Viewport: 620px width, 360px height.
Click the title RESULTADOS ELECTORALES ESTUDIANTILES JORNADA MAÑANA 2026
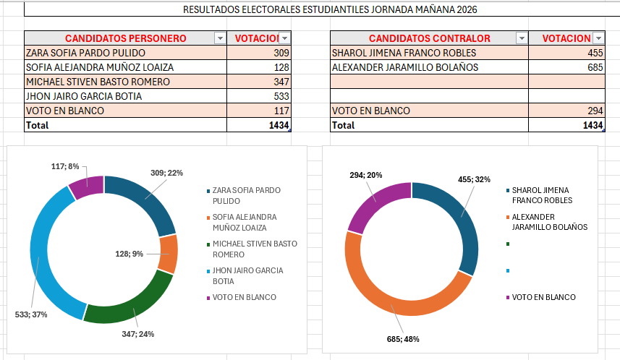click(x=330, y=10)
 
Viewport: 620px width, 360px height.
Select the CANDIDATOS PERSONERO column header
click(x=126, y=38)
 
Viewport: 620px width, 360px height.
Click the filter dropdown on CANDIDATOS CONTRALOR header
click(x=521, y=38)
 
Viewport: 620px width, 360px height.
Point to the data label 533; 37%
click(x=31, y=315)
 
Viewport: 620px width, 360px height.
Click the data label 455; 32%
click(x=475, y=179)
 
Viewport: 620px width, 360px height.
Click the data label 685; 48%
click(x=404, y=338)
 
